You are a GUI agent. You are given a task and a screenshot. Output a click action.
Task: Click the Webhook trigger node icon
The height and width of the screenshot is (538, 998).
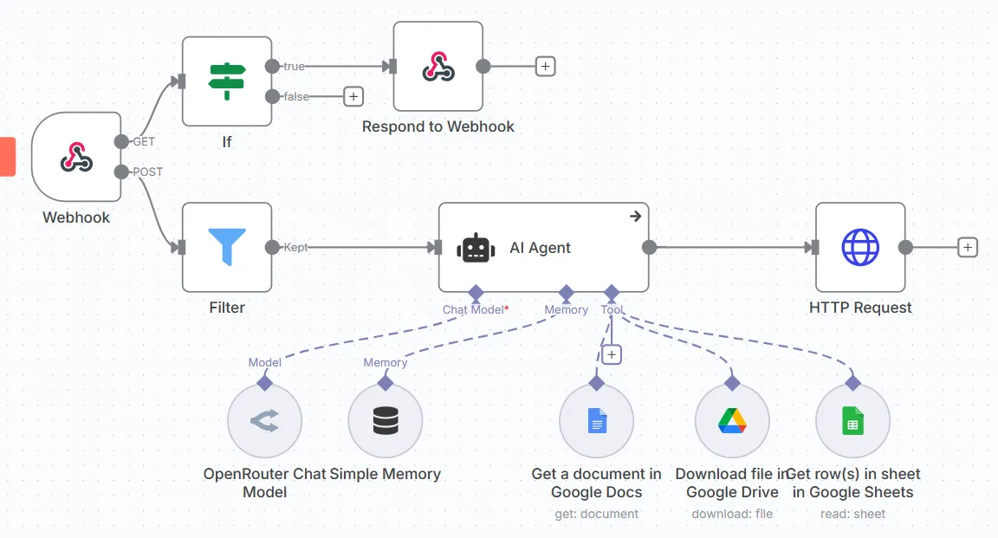(x=76, y=157)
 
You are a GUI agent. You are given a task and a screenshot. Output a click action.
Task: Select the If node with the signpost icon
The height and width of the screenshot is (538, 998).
(x=227, y=81)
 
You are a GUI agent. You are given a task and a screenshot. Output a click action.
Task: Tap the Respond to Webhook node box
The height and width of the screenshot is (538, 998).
(x=438, y=67)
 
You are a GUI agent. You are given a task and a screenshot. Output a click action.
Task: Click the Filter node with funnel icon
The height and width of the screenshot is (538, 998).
(x=227, y=247)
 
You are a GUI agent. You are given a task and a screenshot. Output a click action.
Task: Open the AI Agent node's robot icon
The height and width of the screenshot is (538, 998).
(x=476, y=248)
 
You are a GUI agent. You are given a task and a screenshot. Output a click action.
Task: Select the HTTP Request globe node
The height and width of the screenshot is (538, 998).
(x=860, y=247)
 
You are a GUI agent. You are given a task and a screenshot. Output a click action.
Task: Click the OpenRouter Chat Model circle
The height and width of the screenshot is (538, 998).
(x=264, y=422)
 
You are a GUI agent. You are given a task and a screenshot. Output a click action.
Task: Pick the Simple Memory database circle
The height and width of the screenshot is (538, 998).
(x=386, y=422)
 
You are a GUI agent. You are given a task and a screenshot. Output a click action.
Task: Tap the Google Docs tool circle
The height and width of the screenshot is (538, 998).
(x=597, y=422)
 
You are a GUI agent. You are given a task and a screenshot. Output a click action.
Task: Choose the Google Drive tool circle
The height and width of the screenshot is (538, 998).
(x=732, y=422)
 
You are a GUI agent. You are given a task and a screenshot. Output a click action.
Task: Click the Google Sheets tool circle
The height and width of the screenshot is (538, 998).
(x=852, y=422)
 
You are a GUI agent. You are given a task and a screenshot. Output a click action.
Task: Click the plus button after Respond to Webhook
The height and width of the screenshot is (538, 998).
(x=545, y=66)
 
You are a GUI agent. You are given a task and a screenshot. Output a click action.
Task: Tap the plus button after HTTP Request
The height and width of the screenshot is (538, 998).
(x=968, y=248)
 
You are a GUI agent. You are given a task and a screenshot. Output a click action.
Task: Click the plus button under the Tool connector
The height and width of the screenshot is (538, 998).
(x=612, y=354)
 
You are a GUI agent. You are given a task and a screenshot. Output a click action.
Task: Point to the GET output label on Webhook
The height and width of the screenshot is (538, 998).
(x=144, y=141)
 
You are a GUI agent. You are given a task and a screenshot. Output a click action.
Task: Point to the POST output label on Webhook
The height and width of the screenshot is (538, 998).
(x=147, y=172)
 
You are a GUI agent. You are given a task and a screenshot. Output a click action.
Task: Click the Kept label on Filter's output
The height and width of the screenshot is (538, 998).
(x=295, y=248)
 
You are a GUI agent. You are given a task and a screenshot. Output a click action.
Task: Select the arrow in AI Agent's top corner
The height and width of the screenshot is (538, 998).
(x=635, y=217)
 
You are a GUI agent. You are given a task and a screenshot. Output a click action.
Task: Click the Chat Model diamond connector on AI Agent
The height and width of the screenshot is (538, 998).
(x=475, y=292)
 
